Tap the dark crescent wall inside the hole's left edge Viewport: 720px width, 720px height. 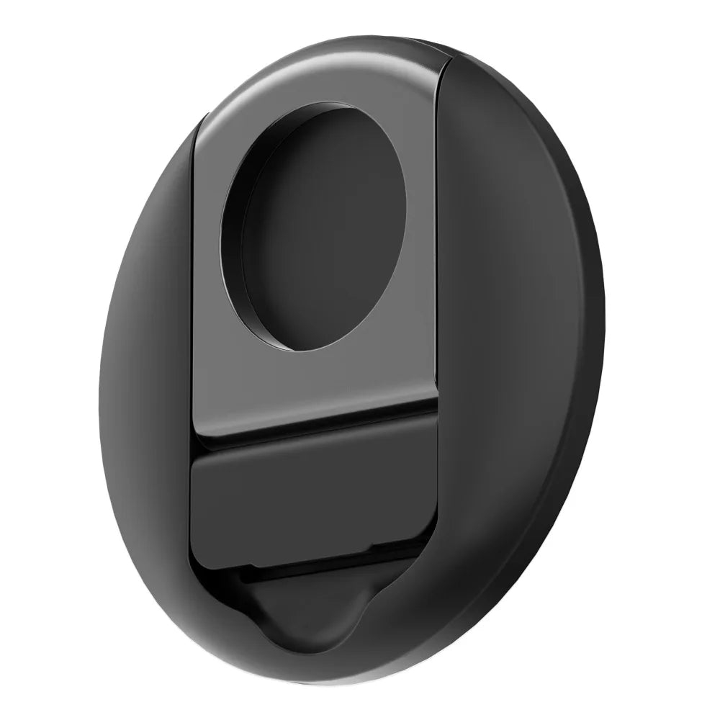[x=232, y=238]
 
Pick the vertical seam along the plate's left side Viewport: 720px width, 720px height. [x=196, y=288]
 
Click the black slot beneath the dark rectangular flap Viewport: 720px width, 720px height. [x=317, y=569]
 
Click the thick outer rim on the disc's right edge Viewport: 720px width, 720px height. [x=587, y=360]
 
